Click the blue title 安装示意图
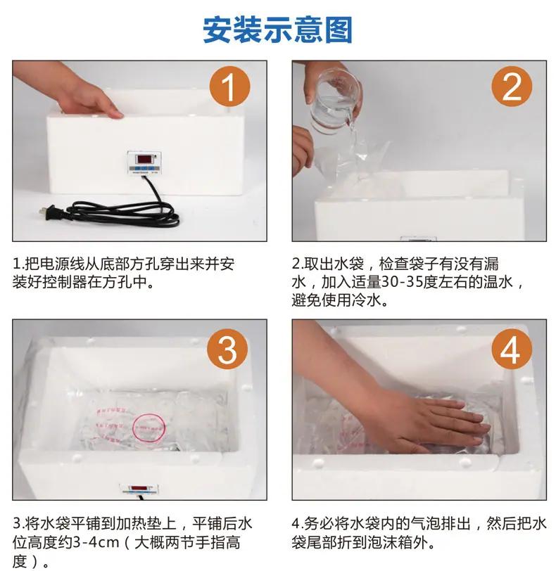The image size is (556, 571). (277, 30)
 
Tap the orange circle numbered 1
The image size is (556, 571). (229, 86)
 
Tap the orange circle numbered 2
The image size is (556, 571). (512, 86)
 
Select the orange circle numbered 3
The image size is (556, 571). (227, 349)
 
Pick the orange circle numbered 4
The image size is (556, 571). (512, 349)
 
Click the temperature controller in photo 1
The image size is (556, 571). (144, 162)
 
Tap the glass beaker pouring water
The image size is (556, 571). (334, 102)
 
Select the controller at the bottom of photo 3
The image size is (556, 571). (139, 489)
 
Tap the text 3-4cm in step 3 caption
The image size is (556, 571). (96, 543)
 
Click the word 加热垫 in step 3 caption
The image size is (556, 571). (139, 524)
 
